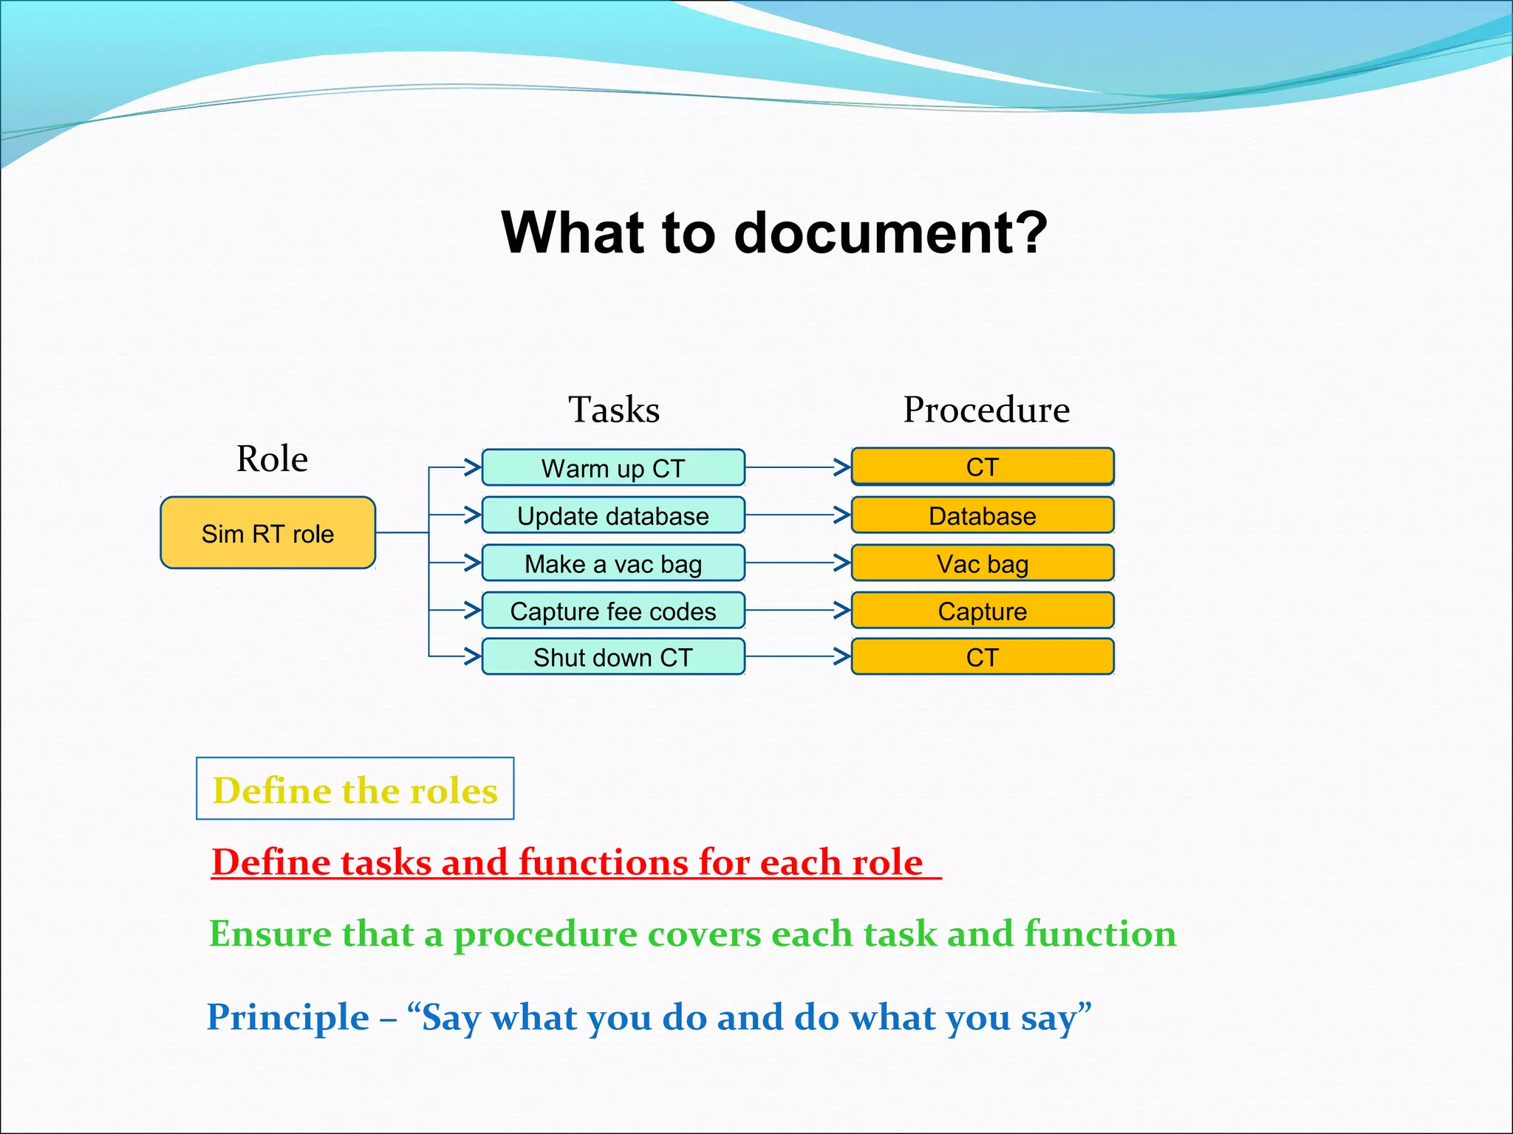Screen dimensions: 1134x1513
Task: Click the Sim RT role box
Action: [x=267, y=533]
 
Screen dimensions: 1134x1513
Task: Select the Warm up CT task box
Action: [x=613, y=468]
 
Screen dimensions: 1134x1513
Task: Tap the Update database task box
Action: [x=613, y=515]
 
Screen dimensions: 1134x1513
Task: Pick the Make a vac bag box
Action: [x=613, y=563]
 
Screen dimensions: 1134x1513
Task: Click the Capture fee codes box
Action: [x=613, y=611]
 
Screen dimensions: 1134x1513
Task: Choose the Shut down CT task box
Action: [x=613, y=657]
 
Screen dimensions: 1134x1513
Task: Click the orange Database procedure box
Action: [x=982, y=515]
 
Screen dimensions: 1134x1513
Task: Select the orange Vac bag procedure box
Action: [x=982, y=563]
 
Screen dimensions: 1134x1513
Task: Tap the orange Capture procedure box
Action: [x=982, y=611]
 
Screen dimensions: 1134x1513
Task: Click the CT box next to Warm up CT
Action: [x=982, y=467]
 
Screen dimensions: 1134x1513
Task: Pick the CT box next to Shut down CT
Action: [x=982, y=657]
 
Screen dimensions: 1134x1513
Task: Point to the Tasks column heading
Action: [x=613, y=410]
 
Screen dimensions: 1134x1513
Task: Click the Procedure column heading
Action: [x=986, y=410]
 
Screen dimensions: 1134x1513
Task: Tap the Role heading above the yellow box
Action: [x=272, y=458]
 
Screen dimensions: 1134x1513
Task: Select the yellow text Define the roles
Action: [x=355, y=790]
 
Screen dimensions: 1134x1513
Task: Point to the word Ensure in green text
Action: [x=270, y=933]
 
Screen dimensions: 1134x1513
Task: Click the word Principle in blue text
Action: [x=288, y=1017]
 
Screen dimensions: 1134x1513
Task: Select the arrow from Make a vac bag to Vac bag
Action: [x=798, y=563]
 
